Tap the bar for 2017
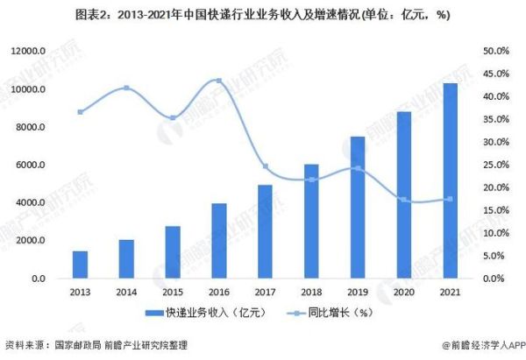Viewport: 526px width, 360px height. click(x=265, y=231)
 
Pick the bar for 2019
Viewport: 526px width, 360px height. click(x=358, y=208)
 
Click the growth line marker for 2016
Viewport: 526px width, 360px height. click(x=218, y=81)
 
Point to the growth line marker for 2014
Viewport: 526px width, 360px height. click(x=126, y=88)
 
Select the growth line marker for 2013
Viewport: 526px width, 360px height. click(x=80, y=112)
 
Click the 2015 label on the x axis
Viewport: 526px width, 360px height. click(x=172, y=293)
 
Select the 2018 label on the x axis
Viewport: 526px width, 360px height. click(x=311, y=293)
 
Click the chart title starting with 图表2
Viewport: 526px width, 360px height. click(x=263, y=13)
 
